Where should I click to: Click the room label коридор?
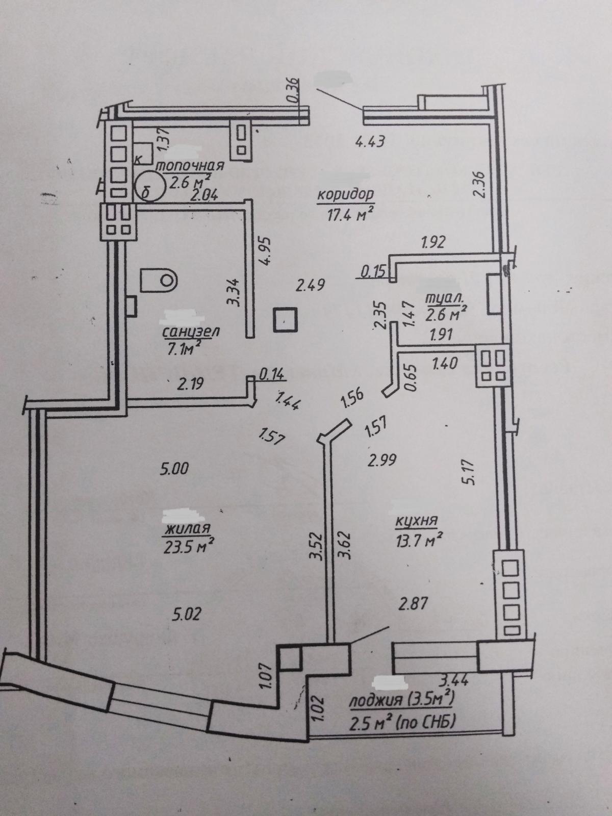tap(345, 195)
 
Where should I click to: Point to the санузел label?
tap(191, 331)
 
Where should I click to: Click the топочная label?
tap(190, 166)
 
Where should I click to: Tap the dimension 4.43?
tap(369, 141)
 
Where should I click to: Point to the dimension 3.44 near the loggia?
tap(453, 679)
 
